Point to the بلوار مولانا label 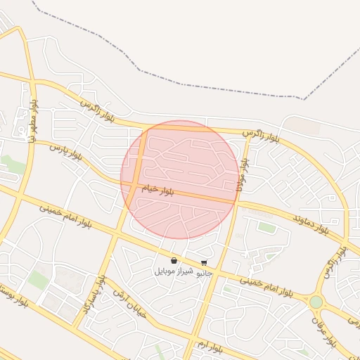point(243,172)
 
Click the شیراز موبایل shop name point(169,271)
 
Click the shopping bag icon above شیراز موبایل point(174,261)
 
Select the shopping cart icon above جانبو point(204,263)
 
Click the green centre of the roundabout point(316,302)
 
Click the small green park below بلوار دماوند point(266,226)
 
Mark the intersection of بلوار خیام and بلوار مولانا point(236,202)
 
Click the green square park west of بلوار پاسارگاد point(39,280)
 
